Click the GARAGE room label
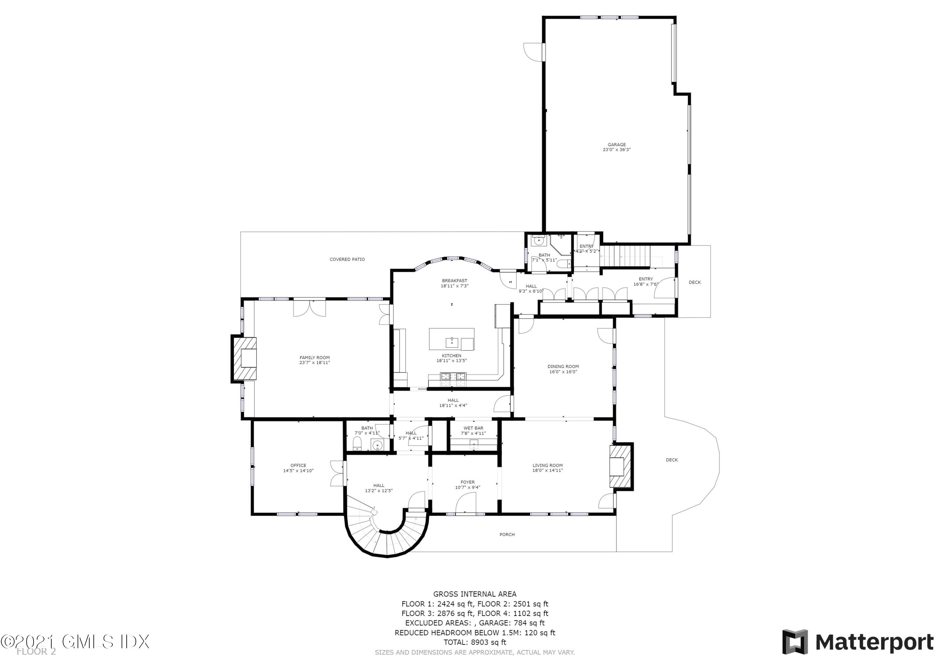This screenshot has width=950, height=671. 617,145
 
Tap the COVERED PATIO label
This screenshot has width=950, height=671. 347,259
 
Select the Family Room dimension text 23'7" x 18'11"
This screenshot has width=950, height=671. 314,363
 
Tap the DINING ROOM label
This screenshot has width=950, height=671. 563,366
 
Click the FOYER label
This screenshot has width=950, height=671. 467,482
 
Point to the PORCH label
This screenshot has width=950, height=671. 507,535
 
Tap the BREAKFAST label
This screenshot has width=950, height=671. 454,281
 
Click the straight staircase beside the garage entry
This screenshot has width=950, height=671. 625,256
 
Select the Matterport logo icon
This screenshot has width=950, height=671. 795,642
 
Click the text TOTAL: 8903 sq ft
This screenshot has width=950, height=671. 475,642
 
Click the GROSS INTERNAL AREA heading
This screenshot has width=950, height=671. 475,594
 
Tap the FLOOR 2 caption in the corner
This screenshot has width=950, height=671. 36,652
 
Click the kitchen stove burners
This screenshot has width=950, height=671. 453,376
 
